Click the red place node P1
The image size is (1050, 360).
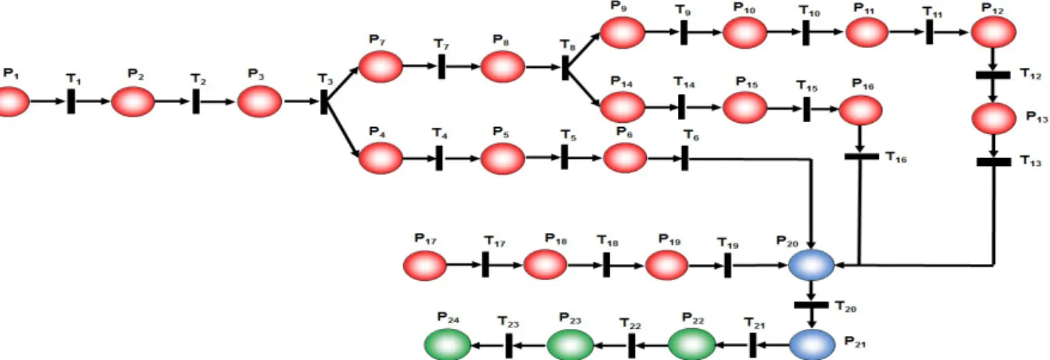13,101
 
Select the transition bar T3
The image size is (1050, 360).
324,101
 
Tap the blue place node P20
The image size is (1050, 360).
811,265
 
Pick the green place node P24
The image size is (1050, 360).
448,345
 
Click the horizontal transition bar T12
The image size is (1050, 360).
993,75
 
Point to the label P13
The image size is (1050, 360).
1037,117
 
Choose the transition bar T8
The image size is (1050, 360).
565,68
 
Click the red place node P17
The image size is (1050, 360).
425,265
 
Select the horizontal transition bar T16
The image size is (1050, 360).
862,156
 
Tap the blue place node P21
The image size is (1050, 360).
812,345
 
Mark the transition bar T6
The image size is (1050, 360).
685,158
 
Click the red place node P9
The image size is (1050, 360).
623,33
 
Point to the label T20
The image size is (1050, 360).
846,307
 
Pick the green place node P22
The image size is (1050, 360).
691,345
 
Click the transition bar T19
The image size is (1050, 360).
727,265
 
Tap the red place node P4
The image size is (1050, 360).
381,158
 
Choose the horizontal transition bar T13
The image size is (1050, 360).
994,162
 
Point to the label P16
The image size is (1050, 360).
863,85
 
